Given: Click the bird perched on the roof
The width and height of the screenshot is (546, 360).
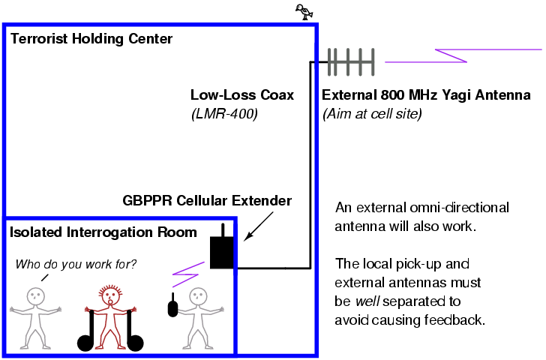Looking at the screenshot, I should [x=304, y=10].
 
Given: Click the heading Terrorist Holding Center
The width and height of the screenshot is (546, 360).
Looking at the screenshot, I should [x=91, y=38].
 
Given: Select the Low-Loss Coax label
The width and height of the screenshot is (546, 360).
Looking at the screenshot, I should [x=242, y=95].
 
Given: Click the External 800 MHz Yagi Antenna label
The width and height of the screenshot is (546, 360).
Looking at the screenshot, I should [x=426, y=95].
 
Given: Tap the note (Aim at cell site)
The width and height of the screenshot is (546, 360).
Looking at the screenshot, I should [x=372, y=114].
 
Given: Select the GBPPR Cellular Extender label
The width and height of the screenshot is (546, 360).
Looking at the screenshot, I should [x=207, y=200].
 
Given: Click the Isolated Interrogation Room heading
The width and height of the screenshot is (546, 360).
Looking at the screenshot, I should [x=103, y=232].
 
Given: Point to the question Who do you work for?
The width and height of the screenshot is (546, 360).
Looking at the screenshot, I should [x=76, y=264].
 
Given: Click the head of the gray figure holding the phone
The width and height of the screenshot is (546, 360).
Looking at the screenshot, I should [x=198, y=295].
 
